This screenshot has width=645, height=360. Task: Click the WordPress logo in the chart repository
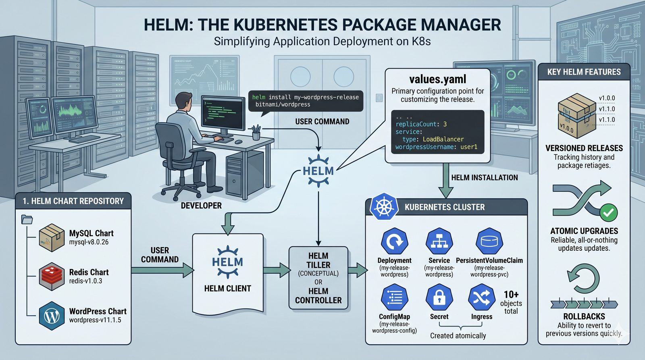coord(52,316)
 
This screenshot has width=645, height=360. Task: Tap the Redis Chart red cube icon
coord(52,276)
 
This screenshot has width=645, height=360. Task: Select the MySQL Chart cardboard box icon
coord(52,238)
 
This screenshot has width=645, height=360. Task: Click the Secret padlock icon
coord(439,298)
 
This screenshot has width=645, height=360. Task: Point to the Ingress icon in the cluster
coord(481,298)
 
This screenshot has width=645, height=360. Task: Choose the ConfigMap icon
coord(394,298)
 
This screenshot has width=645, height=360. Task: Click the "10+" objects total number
coord(511,295)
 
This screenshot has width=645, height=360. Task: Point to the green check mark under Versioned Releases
coord(608,212)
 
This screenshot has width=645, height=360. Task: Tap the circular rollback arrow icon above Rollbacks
coord(583,278)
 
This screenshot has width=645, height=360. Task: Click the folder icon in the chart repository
coord(27,219)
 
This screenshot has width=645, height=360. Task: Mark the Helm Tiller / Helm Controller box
coord(318,278)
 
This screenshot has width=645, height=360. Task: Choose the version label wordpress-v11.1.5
coord(95,320)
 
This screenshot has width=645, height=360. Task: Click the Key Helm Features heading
coord(584,72)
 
